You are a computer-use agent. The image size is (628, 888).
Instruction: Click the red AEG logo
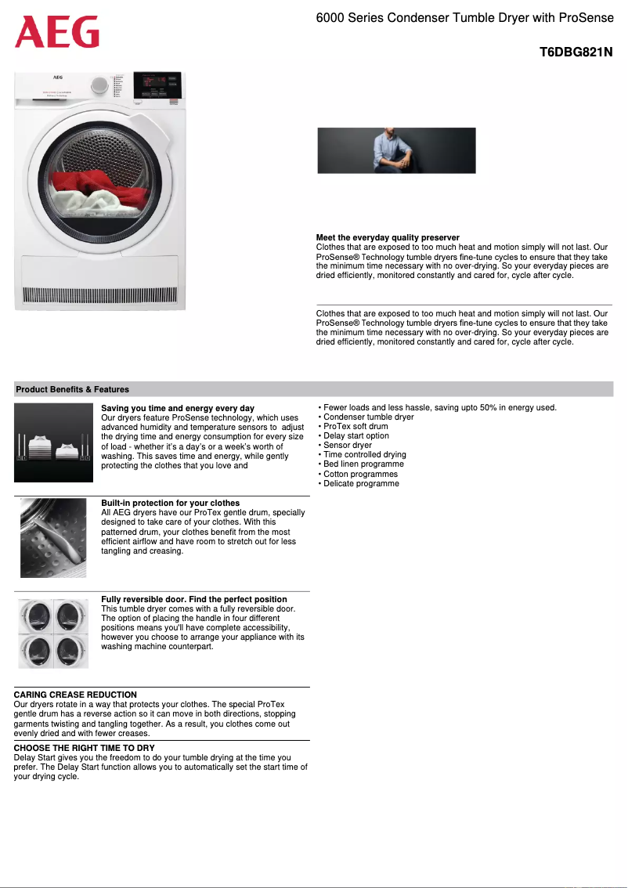click(57, 33)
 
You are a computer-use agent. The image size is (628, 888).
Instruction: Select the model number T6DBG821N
click(576, 53)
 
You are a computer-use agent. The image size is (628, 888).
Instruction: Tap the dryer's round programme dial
click(99, 85)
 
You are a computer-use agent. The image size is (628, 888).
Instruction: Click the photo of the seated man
click(396, 150)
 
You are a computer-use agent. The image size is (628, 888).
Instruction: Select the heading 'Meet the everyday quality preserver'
click(388, 237)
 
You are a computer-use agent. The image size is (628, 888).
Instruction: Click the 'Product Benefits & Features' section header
click(73, 389)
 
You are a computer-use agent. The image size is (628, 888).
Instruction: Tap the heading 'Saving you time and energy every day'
click(178, 409)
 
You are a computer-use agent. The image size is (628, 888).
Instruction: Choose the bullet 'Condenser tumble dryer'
click(368, 417)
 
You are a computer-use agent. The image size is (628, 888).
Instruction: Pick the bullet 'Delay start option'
click(356, 436)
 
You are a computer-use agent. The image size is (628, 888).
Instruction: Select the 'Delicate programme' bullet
click(361, 484)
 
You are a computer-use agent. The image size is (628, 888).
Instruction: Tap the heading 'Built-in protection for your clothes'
click(171, 503)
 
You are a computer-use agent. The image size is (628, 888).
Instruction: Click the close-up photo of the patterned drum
click(53, 538)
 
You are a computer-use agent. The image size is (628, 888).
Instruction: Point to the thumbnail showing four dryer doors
click(53, 634)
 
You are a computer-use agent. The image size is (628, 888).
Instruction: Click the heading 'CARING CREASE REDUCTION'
click(75, 695)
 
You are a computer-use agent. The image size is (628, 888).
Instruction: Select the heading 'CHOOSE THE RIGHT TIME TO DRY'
click(85, 749)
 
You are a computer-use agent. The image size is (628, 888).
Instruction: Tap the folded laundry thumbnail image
click(53, 442)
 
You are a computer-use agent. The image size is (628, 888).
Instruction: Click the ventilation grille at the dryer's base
click(100, 296)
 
